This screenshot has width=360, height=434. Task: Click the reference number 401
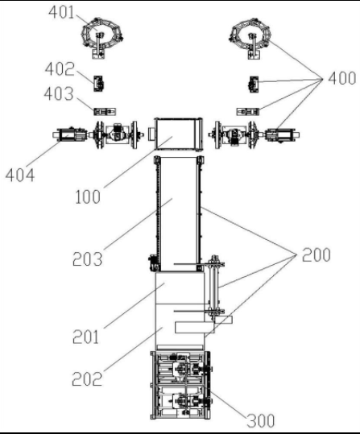click(x=61, y=13)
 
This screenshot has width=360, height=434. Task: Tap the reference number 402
click(x=60, y=69)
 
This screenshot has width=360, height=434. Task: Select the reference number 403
click(x=59, y=94)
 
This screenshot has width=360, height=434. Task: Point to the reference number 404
click(x=20, y=176)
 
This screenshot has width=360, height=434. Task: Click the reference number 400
click(x=342, y=78)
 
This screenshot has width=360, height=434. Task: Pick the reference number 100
click(x=88, y=197)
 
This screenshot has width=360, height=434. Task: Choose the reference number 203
click(x=88, y=259)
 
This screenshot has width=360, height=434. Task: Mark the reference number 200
click(x=317, y=255)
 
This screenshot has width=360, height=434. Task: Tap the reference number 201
click(x=86, y=337)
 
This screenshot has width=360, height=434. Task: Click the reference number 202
click(x=87, y=379)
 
